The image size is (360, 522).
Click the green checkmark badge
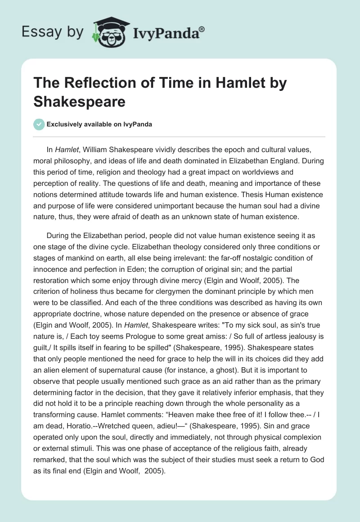tap(39, 124)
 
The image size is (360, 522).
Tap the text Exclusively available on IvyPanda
tap(99, 124)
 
